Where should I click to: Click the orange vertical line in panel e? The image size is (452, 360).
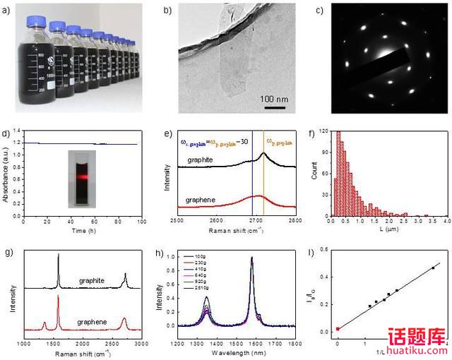pyautogui.click(x=263, y=176)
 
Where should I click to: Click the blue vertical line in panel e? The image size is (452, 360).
pyautogui.click(x=252, y=176)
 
